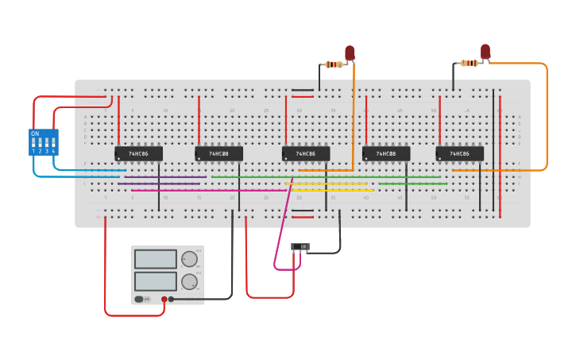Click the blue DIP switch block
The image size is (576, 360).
(43, 142)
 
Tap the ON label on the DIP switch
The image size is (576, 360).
(35, 134)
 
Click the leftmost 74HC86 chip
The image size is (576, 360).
(138, 153)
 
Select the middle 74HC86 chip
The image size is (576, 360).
(306, 153)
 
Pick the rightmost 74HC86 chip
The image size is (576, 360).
(459, 153)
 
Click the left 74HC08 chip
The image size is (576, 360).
(218, 153)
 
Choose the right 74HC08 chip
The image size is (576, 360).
(386, 153)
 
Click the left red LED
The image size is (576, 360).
(350, 52)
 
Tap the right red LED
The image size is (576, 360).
(485, 51)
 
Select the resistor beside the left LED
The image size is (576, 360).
(334, 64)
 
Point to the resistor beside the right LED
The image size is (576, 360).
(470, 63)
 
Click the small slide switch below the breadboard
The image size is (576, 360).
(300, 247)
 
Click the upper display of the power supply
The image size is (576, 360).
(155, 259)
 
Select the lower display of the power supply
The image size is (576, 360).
(155, 281)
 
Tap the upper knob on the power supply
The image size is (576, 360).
(189, 259)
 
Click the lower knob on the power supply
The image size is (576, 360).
(189, 281)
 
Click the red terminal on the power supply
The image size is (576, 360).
(164, 300)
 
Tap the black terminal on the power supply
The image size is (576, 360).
(171, 300)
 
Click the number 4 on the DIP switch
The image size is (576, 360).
(53, 151)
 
